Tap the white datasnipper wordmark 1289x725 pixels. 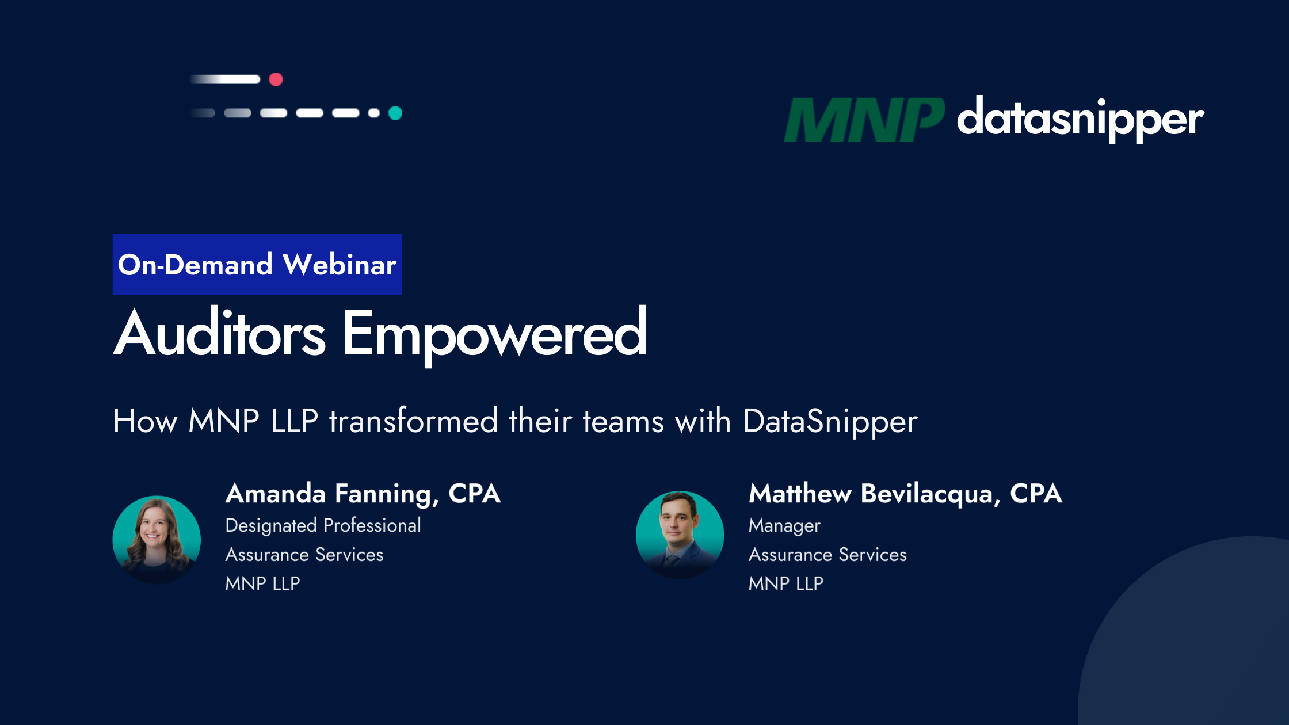coord(1080,120)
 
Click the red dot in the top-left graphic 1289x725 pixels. coord(276,79)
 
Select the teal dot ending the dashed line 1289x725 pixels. coord(395,113)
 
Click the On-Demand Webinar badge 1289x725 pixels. coord(257,265)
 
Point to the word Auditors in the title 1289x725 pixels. coord(220,334)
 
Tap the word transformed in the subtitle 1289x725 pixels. coord(413,421)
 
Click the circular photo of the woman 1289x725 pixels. coord(157,540)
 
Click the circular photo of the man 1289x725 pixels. coord(680,535)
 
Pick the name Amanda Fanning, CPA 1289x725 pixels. coord(363,494)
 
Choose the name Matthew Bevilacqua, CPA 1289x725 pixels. coord(905,494)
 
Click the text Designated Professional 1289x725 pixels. coord(323,526)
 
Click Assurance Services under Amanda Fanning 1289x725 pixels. coord(304,555)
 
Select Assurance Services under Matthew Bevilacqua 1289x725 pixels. coord(827,555)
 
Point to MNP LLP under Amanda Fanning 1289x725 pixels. coord(263,583)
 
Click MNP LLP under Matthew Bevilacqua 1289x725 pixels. coord(786,583)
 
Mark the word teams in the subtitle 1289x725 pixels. coord(623,421)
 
